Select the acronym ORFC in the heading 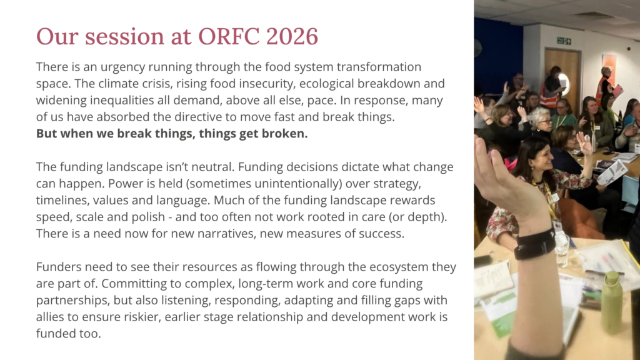pyautogui.click(x=229, y=36)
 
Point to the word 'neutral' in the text pyautogui.click(x=214, y=167)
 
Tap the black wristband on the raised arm pyautogui.click(x=534, y=244)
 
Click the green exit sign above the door pyautogui.click(x=564, y=41)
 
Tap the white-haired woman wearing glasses pyautogui.click(x=541, y=122)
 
